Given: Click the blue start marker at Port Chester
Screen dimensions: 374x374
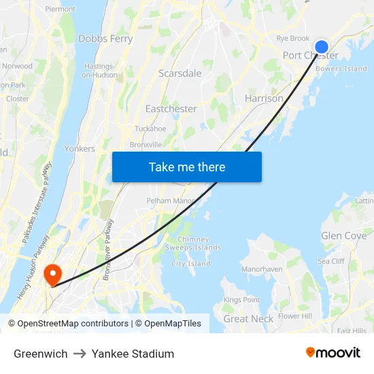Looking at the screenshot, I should tap(322, 46).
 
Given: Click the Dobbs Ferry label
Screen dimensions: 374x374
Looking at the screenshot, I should tap(105, 39).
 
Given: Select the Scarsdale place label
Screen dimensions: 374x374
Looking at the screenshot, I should tap(180, 73).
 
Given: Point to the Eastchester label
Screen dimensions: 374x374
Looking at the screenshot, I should tap(171, 109).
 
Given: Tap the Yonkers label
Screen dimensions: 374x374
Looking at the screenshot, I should tap(79, 148).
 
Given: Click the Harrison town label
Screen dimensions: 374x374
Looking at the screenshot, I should tap(264, 99).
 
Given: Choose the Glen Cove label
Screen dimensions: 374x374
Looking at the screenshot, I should tap(343, 236).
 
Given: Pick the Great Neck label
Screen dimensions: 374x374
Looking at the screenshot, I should tap(248, 318).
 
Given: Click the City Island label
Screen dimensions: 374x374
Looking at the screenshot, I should tap(190, 263).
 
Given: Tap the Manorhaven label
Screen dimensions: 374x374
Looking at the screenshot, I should tap(262, 269).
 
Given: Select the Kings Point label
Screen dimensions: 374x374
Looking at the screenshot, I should tap(241, 300).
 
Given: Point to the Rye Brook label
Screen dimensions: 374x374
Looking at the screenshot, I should tap(293, 39).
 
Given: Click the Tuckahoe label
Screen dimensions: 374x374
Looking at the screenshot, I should tap(150, 129).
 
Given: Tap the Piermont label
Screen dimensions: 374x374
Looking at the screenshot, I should tap(60, 10).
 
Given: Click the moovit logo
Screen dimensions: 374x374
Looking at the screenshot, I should tap(333, 353).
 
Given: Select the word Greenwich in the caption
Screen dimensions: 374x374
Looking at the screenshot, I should tap(41, 354).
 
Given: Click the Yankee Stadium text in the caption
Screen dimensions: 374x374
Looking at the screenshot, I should tap(133, 354).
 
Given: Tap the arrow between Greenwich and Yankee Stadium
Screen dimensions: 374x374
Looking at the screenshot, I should tap(80, 354).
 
